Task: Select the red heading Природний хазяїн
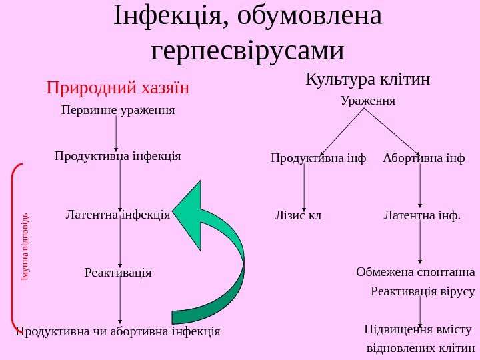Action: click(x=118, y=88)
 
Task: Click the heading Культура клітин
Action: click(x=367, y=80)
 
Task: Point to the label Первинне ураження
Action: click(x=118, y=109)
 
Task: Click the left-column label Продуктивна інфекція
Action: click(x=118, y=156)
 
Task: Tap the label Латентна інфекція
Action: click(x=118, y=215)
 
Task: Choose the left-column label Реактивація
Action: click(x=118, y=273)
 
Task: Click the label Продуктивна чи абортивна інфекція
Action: click(x=118, y=331)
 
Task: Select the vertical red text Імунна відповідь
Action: click(x=25, y=246)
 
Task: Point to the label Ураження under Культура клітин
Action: click(x=368, y=101)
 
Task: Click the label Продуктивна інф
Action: click(x=319, y=159)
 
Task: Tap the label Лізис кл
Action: click(x=298, y=215)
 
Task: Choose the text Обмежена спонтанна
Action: click(x=415, y=272)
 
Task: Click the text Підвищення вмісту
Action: click(x=418, y=329)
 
